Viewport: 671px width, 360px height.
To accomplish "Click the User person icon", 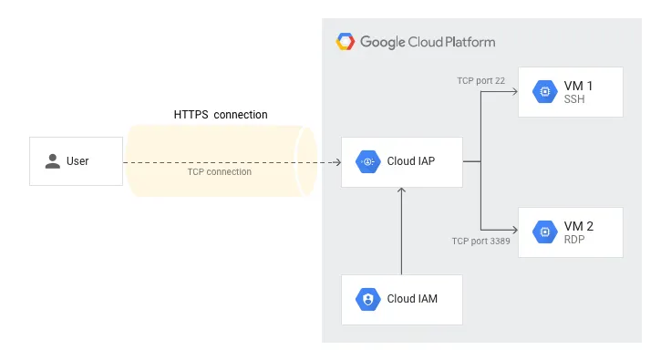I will pyautogui.click(x=51, y=161).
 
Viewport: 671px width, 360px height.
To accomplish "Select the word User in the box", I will pyautogui.click(x=77, y=161).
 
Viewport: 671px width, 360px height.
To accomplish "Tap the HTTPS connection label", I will pyautogui.click(x=221, y=115).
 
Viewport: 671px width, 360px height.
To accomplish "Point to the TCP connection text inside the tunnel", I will pyautogui.click(x=219, y=171).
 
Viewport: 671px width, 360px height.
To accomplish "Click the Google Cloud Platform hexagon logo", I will pyautogui.click(x=345, y=42).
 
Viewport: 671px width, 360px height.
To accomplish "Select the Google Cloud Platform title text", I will pyautogui.click(x=428, y=42).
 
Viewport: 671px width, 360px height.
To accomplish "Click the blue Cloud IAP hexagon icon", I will pyautogui.click(x=368, y=162).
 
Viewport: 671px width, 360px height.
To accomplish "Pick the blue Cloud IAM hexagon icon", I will pyautogui.click(x=368, y=299).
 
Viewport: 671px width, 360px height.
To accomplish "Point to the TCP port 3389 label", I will pyautogui.click(x=480, y=242).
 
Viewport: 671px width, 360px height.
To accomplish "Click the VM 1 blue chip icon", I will pyautogui.click(x=545, y=91).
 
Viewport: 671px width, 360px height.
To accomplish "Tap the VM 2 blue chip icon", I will pyautogui.click(x=545, y=231).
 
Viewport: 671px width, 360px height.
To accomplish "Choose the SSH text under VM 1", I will pyautogui.click(x=574, y=99).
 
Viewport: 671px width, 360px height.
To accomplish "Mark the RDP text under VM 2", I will pyautogui.click(x=575, y=240).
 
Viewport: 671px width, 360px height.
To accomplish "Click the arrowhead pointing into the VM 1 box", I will pyautogui.click(x=512, y=91).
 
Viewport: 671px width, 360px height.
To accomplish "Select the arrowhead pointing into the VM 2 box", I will pyautogui.click(x=512, y=231).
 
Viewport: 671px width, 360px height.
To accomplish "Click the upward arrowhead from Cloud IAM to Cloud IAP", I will pyautogui.click(x=401, y=191).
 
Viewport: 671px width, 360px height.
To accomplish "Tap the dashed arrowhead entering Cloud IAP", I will pyautogui.click(x=336, y=162).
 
